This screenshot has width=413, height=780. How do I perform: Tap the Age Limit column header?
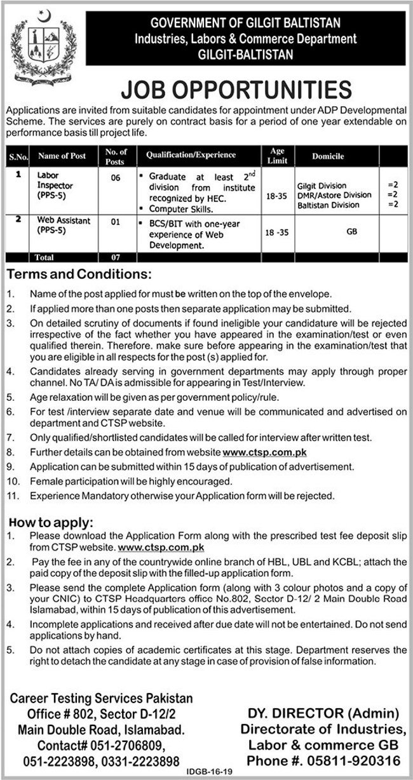277,155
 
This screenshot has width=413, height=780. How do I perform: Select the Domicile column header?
328,155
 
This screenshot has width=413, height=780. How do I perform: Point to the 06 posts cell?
115,178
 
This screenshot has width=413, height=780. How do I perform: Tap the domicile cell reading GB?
351,232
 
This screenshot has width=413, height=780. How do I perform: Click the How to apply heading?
52,523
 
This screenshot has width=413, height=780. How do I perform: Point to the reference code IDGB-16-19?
208,773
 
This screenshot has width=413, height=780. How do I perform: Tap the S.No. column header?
15,155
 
